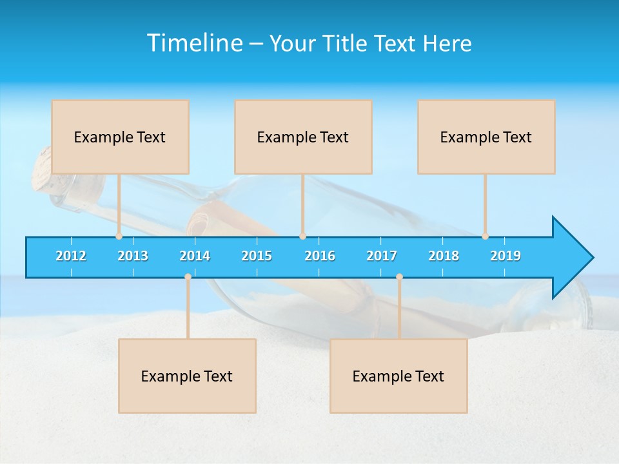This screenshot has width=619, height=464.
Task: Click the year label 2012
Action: click(x=71, y=256)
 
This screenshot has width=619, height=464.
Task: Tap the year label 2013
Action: click(x=133, y=256)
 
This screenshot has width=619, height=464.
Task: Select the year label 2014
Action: click(x=195, y=256)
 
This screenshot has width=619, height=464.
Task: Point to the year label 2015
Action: click(x=257, y=256)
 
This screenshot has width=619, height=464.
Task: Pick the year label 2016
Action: click(x=320, y=256)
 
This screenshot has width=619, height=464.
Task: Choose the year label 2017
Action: click(x=382, y=256)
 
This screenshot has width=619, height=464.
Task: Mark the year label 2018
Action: click(x=444, y=256)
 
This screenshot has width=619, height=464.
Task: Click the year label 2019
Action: click(x=506, y=256)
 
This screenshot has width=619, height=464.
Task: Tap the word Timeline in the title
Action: click(x=193, y=43)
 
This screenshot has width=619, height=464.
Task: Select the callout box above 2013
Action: click(x=120, y=137)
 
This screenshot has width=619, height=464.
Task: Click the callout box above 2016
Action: click(x=303, y=137)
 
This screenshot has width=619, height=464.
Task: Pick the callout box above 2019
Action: click(x=486, y=137)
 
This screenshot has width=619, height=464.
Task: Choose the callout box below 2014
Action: click(x=187, y=376)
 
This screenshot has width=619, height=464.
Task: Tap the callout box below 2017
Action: click(x=398, y=376)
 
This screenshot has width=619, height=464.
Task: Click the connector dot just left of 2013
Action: click(x=119, y=237)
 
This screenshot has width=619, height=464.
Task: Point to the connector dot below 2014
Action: click(x=188, y=276)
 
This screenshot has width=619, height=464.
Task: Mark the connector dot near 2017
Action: click(x=399, y=276)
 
